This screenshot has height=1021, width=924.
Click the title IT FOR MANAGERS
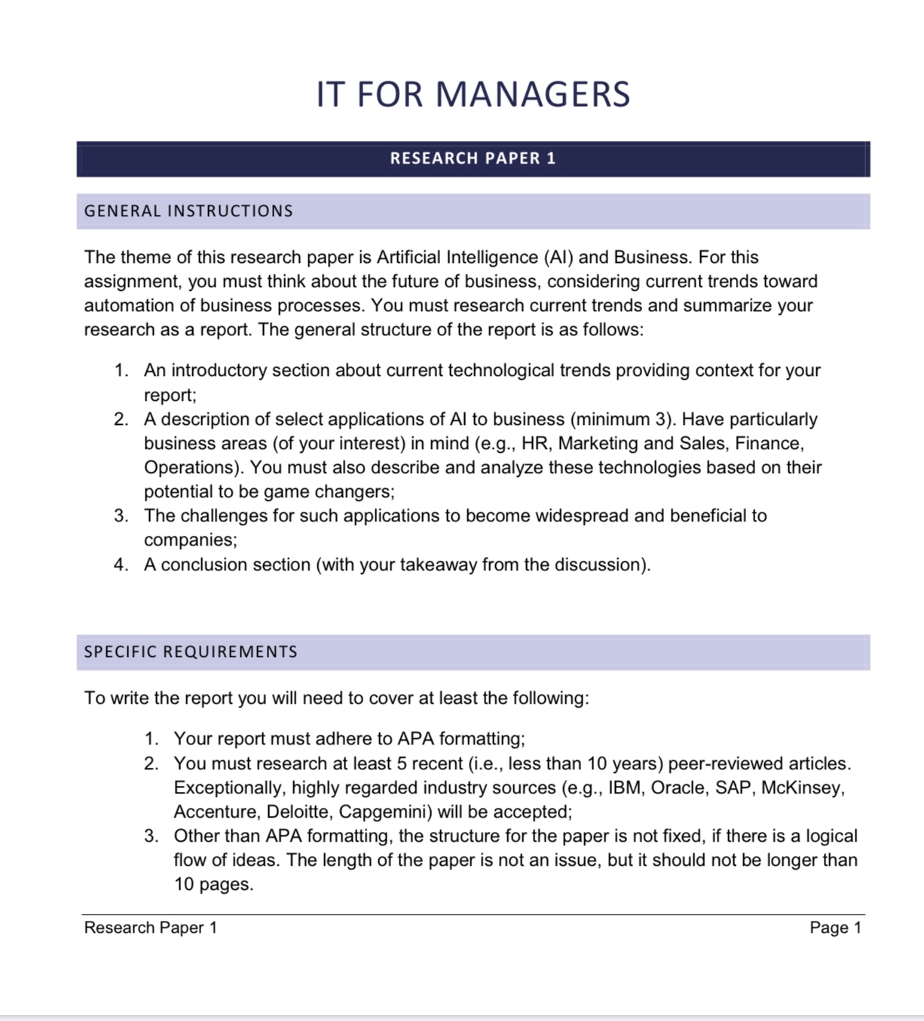473,94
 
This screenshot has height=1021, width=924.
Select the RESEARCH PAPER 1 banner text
473,158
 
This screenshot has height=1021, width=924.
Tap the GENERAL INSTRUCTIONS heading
188,211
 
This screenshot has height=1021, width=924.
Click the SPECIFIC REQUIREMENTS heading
191,652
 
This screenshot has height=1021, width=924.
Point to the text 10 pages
213,884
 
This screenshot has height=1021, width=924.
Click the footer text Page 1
835,928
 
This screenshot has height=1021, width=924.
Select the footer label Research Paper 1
151,928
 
